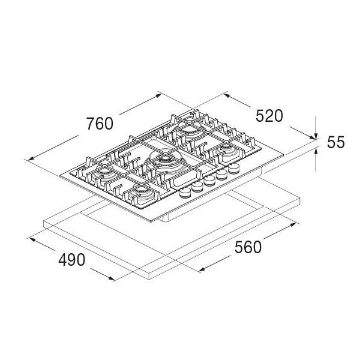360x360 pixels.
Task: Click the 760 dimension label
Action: [x=100, y=124]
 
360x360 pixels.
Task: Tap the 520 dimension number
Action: [x=268, y=116]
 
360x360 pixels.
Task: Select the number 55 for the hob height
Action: [x=336, y=142]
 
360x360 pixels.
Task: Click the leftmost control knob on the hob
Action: [x=184, y=191]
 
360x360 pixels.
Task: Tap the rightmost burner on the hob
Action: [x=227, y=149]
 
